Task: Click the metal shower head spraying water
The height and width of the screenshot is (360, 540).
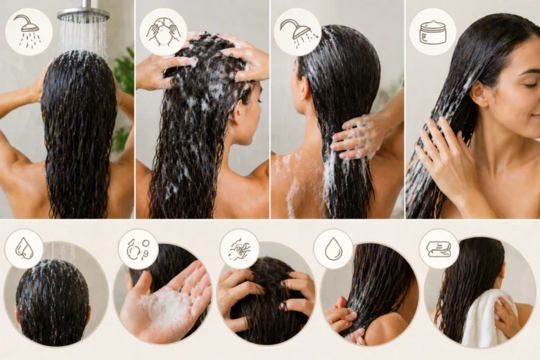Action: point(83,13)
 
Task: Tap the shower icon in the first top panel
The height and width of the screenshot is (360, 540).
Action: point(28,32)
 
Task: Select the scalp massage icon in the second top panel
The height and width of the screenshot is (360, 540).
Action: point(163,32)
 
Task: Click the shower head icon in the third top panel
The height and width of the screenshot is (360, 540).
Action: point(297,32)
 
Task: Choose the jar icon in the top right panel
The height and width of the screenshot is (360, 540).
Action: point(432,32)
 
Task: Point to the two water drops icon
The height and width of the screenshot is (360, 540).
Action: point(24,248)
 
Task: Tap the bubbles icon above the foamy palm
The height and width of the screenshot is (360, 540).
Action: point(138,249)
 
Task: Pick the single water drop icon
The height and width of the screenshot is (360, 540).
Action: point(333,248)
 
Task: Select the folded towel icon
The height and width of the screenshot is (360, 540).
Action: point(439,248)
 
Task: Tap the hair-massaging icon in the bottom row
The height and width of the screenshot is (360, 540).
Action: point(239,248)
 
